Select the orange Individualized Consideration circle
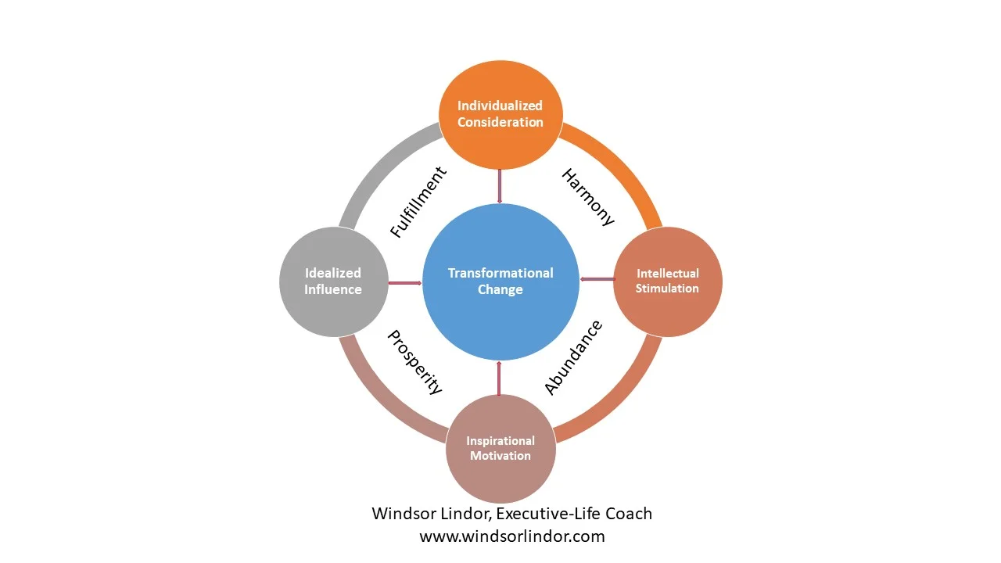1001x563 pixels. click(500, 113)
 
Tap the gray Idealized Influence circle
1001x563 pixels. click(333, 281)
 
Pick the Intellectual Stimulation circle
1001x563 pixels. click(667, 281)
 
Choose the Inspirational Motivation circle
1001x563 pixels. click(500, 448)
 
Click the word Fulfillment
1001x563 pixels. click(418, 202)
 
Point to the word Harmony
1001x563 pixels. click(588, 198)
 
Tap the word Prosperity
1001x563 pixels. click(415, 362)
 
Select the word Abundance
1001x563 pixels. click(573, 357)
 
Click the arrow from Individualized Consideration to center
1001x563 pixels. click(500, 186)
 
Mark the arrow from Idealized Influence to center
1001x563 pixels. click(404, 282)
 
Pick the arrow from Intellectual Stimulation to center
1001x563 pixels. click(597, 279)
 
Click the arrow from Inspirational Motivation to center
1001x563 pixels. click(499, 378)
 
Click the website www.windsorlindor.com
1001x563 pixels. click(512, 536)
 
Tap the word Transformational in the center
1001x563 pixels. click(500, 273)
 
